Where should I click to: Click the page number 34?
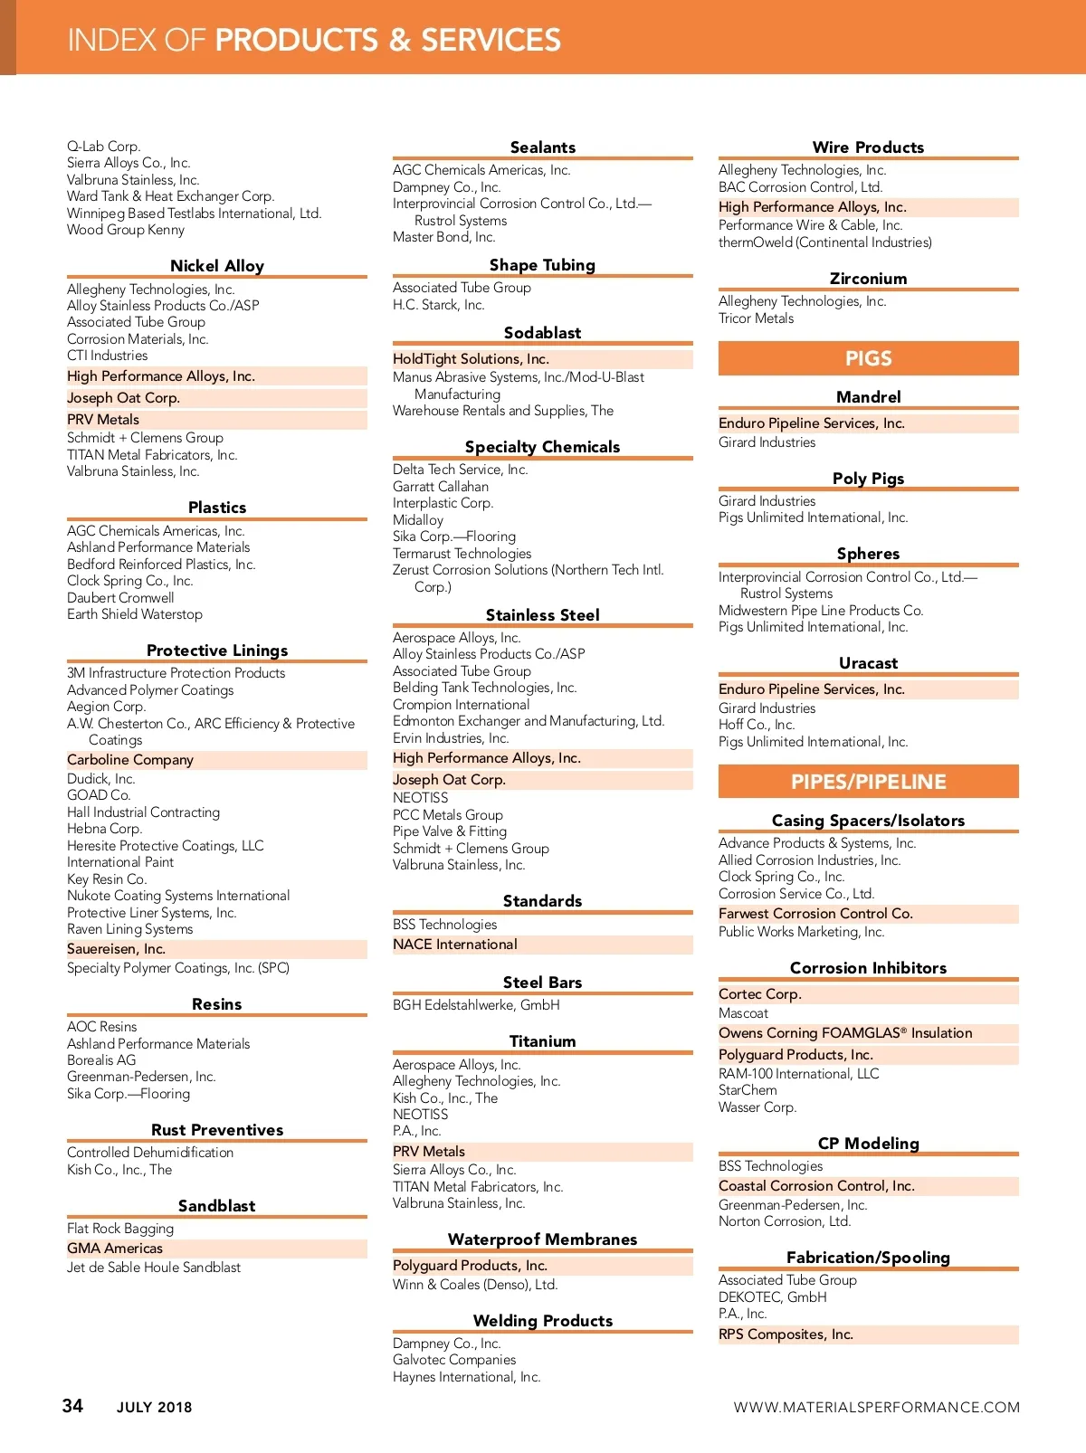tap(72, 1405)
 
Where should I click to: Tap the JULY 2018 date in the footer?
tap(154, 1407)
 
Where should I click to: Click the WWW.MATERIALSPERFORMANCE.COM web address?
tap(876, 1407)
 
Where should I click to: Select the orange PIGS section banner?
tap(868, 358)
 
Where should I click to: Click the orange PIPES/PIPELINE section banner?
tap(868, 782)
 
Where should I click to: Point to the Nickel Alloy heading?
tap(217, 266)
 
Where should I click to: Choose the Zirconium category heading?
tap(868, 279)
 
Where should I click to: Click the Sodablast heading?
tap(542, 333)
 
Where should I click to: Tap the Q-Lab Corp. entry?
tap(103, 147)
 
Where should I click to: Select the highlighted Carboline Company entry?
tap(130, 760)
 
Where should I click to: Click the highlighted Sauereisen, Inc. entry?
tap(116, 949)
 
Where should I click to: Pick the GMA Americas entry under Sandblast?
tap(115, 1249)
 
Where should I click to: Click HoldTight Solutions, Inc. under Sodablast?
tap(471, 359)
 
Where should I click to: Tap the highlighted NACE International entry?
tap(455, 945)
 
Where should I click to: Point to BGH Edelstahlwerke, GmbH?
tap(476, 1005)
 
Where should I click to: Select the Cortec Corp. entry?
tap(760, 994)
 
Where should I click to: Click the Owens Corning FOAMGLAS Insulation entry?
tap(845, 1033)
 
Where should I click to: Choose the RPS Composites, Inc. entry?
tap(786, 1334)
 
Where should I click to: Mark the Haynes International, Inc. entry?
tap(466, 1377)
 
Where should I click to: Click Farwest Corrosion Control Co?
tap(815, 914)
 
